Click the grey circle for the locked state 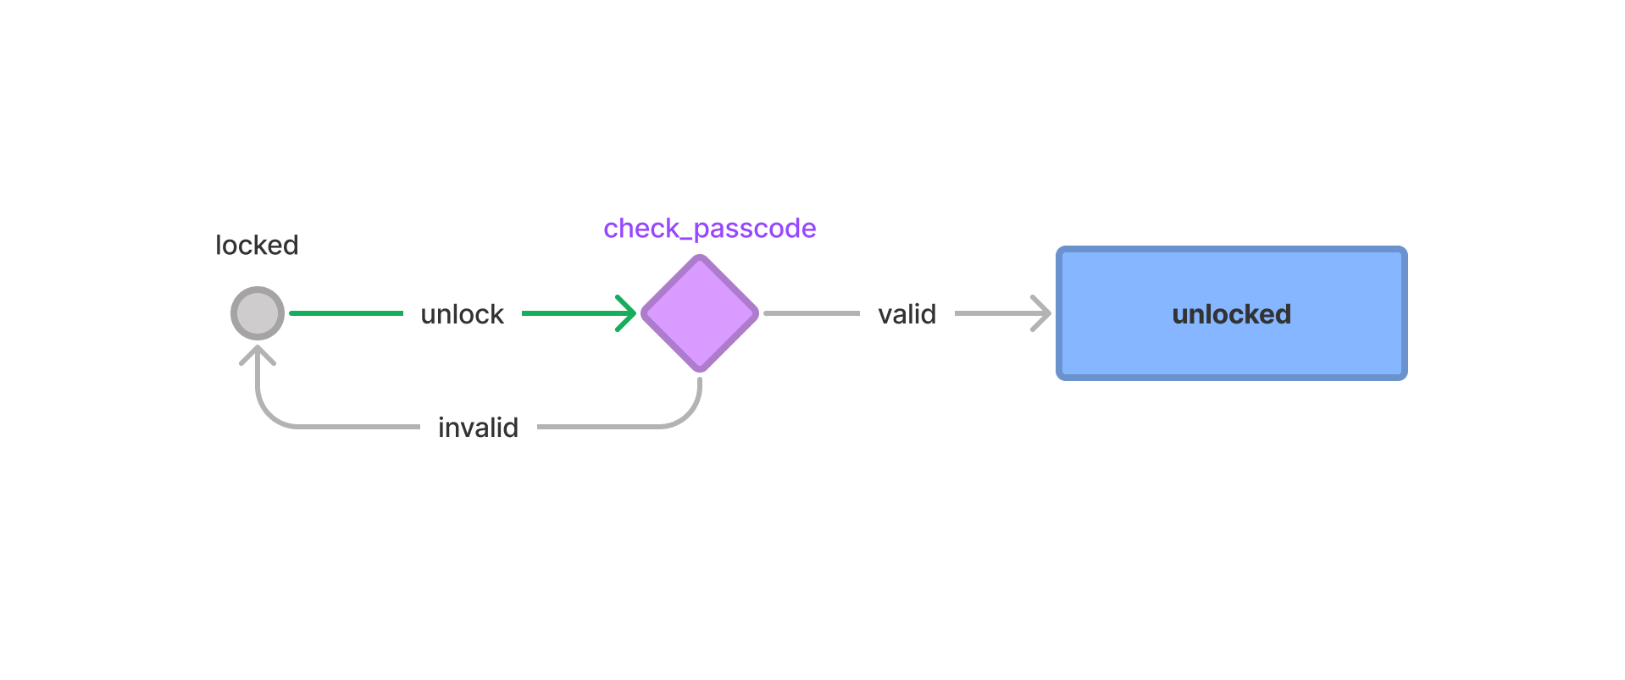click(x=258, y=313)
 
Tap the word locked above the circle click(x=257, y=246)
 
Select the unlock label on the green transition click(x=463, y=314)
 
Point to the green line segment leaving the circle click(x=346, y=313)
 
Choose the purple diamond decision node click(x=700, y=313)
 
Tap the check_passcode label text click(x=710, y=229)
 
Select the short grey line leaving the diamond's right click(x=811, y=313)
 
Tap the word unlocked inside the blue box click(x=1231, y=314)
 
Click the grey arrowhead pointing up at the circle click(x=258, y=353)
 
